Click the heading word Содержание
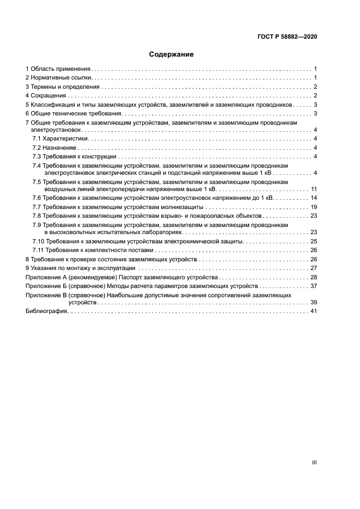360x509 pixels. (x=172, y=54)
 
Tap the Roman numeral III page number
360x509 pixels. (x=314, y=462)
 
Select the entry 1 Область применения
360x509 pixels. (x=58, y=69)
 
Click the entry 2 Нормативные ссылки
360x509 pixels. (x=59, y=78)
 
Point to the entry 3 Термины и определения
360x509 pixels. (x=63, y=87)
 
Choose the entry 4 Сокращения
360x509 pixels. (x=46, y=95)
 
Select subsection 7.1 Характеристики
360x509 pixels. (x=59, y=139)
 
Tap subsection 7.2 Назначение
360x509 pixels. (x=54, y=148)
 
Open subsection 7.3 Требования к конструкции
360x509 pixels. (x=75, y=157)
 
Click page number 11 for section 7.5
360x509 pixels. (x=314, y=188)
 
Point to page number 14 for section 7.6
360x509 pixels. (x=314, y=198)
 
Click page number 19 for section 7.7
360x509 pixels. (x=314, y=207)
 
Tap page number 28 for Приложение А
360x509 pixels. (x=314, y=277)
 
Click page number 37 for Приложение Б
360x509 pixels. (x=314, y=286)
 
